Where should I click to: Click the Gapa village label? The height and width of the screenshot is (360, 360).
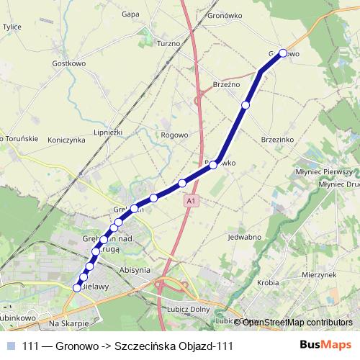[130, 14]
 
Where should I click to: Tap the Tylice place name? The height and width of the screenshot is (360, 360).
[12, 27]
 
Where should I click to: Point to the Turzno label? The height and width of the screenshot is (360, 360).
[168, 43]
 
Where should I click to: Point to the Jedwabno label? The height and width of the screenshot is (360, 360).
[243, 237]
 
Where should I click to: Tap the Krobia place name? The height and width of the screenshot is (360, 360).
[266, 283]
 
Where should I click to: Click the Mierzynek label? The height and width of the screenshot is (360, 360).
[320, 274]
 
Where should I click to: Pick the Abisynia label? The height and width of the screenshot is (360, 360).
[135, 270]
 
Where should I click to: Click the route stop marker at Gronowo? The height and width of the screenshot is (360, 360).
[283, 53]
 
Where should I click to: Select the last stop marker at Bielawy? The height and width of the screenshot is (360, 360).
[77, 288]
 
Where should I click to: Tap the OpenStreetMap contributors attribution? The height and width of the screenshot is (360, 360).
[297, 322]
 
